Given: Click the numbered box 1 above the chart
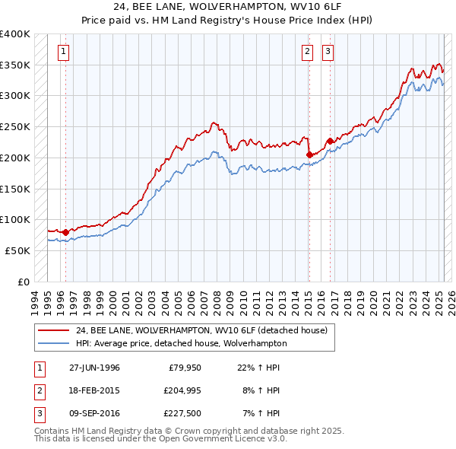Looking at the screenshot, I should [x=62, y=52].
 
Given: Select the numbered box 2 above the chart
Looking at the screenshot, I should [x=307, y=52].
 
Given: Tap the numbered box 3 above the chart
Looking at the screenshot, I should [x=328, y=52].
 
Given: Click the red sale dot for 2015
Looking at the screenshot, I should [x=309, y=154].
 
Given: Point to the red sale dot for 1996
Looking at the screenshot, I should [x=65, y=232].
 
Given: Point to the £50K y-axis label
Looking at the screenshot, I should [x=17, y=250].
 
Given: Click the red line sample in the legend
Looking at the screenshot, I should [x=53, y=331].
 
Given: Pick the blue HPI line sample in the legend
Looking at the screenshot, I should [x=53, y=343].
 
